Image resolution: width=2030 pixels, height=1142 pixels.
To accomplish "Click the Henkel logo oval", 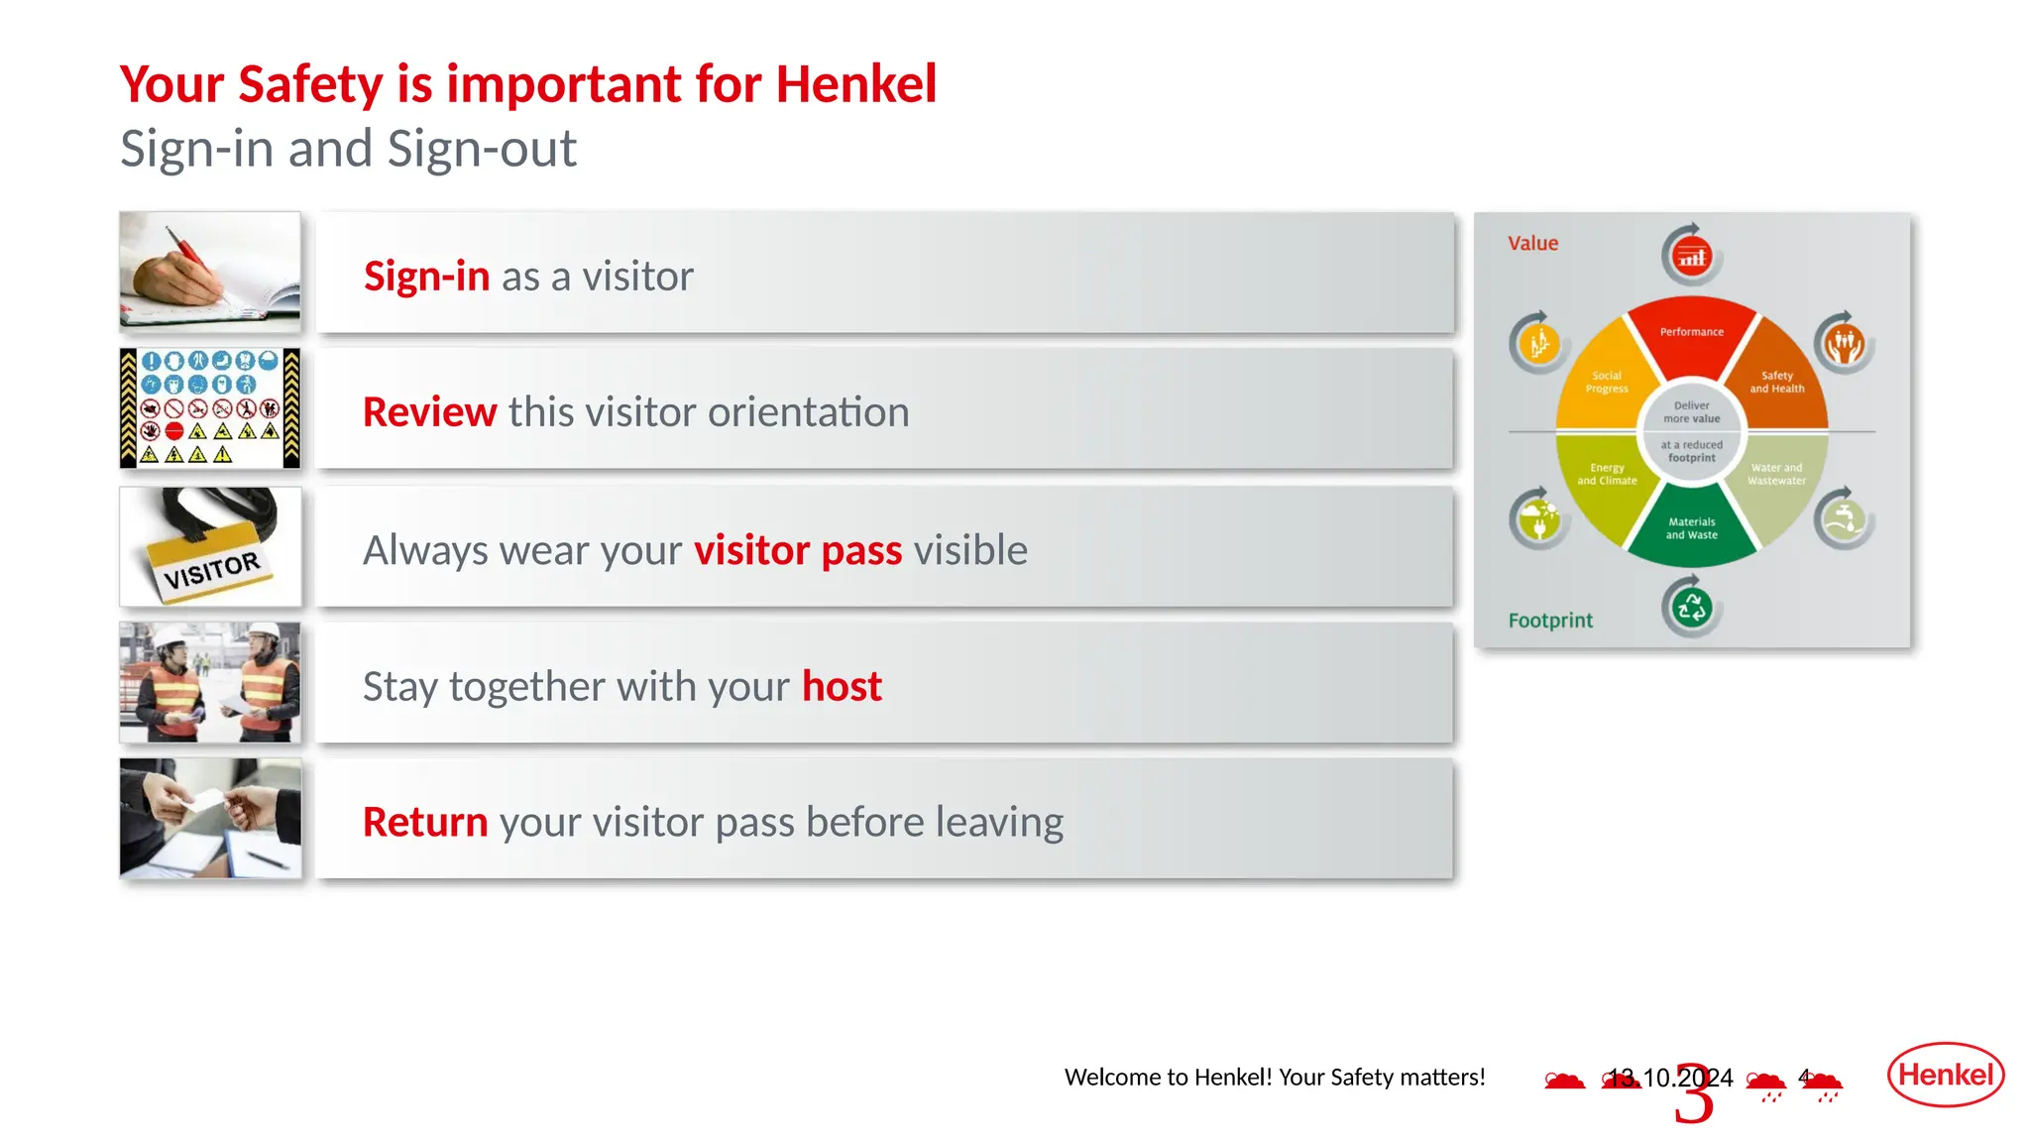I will (x=1945, y=1074).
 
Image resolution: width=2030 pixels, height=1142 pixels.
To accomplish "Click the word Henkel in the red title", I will (x=855, y=83).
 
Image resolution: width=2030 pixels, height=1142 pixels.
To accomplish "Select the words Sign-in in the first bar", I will (x=426, y=276).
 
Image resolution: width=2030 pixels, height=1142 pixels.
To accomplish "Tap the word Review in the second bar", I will (x=429, y=411).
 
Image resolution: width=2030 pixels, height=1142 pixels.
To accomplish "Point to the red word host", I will (x=842, y=686).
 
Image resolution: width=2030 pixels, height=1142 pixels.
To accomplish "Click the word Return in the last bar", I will (x=425, y=822).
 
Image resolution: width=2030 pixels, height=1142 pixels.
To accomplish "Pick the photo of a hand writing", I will (x=210, y=272).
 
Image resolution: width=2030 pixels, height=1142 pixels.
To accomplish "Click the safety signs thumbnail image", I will (x=210, y=407).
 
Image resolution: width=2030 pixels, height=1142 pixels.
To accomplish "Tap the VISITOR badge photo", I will (x=210, y=546).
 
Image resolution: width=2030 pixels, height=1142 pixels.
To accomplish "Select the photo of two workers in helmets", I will (x=210, y=682).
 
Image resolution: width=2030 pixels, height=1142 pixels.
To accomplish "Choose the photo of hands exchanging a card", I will (x=210, y=819).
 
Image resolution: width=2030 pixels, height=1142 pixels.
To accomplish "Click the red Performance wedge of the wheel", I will (x=1692, y=337).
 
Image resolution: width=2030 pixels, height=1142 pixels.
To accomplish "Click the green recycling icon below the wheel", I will (x=1691, y=607).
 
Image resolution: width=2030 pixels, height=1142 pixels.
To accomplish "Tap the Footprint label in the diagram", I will (x=1550, y=621).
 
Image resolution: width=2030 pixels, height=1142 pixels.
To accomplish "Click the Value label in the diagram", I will (x=1532, y=243).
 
